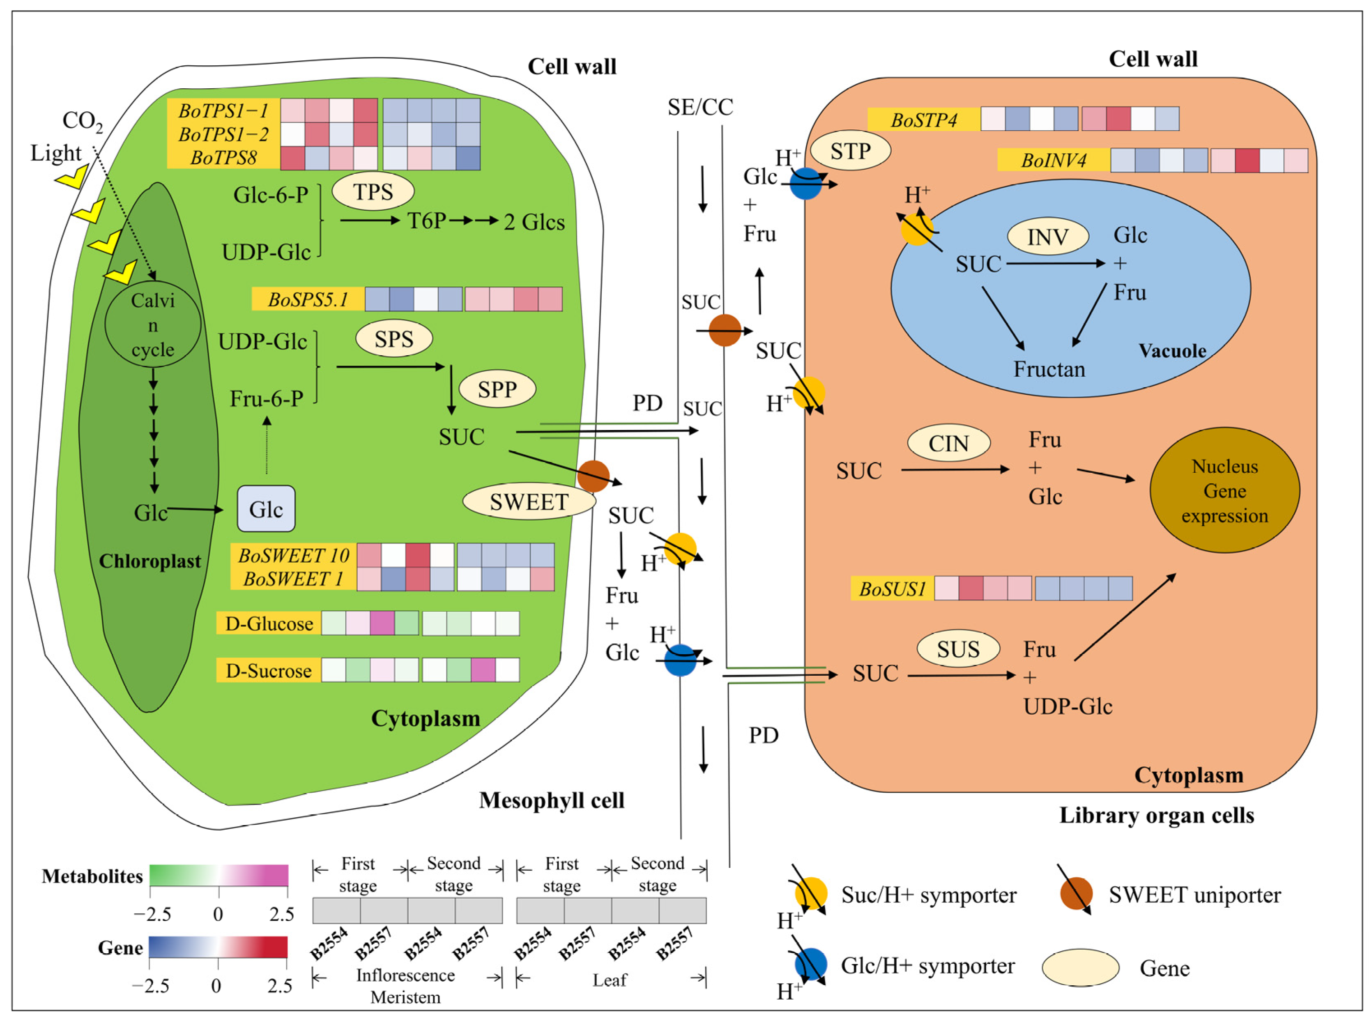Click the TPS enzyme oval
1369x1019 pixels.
coord(373,191)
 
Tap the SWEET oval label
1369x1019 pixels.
coord(529,501)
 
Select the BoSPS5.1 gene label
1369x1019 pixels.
coord(308,299)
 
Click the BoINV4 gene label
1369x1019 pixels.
coord(1053,160)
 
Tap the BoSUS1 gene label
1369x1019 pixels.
coord(892,589)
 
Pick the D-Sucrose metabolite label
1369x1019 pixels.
coord(268,670)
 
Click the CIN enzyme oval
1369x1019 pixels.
coord(948,443)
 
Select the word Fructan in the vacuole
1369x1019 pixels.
coord(1049,369)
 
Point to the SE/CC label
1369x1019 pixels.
coord(700,107)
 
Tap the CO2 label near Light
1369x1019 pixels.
coord(83,121)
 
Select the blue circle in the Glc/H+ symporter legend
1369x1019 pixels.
coord(811,964)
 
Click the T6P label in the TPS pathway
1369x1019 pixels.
coord(426,220)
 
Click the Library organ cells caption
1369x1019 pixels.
coord(1157,815)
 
